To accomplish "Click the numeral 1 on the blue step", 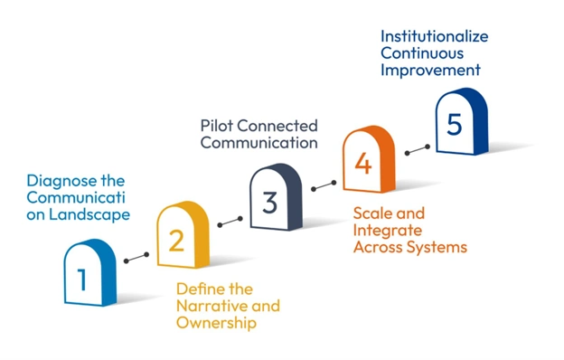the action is (x=82, y=279).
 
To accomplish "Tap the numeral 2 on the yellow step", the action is (x=177, y=240).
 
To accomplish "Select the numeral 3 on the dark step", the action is (x=269, y=203).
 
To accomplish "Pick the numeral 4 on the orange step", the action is (x=362, y=164).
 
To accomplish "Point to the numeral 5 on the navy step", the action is (x=454, y=124).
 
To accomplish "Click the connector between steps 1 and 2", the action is (x=136, y=258).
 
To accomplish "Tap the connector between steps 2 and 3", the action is (x=230, y=221).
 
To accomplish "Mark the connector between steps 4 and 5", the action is (x=415, y=145).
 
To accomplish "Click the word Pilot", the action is (x=215, y=125).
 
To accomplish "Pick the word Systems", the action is (x=437, y=247).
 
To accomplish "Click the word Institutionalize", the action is (x=435, y=36).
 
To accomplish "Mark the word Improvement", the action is (x=430, y=71).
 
